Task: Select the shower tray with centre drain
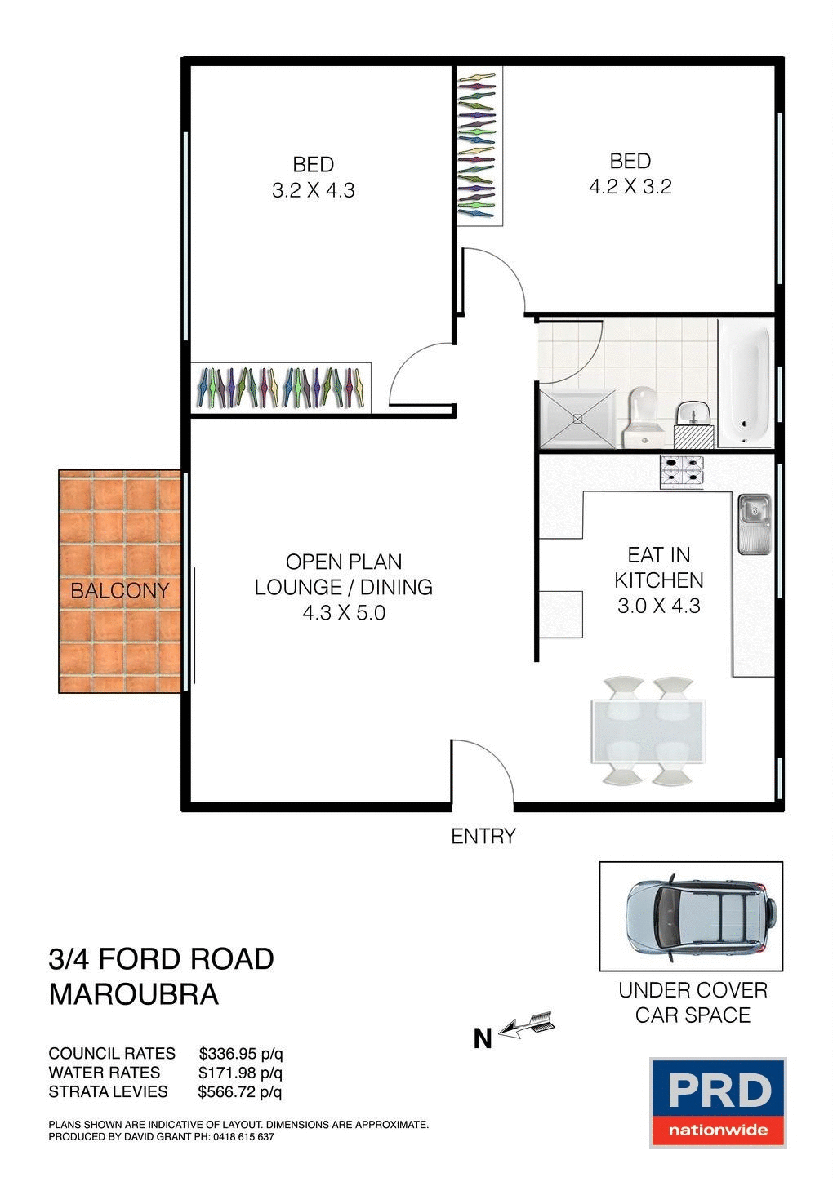pos(577,418)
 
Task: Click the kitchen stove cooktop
pos(682,473)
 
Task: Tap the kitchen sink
pos(754,522)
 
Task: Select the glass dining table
pos(648,731)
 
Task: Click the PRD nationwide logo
pos(718,1102)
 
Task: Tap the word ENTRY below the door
pos(483,836)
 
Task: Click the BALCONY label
pos(119,590)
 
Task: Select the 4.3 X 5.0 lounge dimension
pos(343,612)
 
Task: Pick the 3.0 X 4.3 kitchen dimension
pos(658,606)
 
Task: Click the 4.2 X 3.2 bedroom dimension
pos(630,186)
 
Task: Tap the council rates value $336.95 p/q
pos(241,1053)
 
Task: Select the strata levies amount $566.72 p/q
pos(240,1091)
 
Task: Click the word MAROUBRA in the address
pos(134,994)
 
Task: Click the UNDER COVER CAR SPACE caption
pos(693,1002)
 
